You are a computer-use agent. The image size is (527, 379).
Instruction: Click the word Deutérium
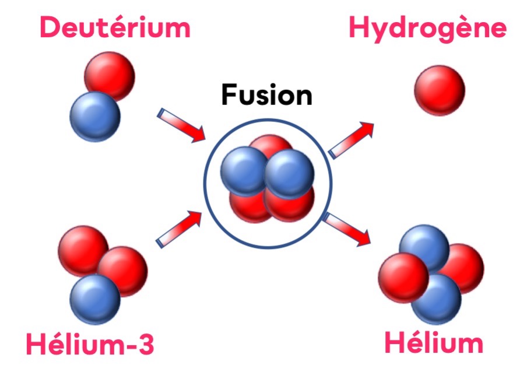[x=115, y=27]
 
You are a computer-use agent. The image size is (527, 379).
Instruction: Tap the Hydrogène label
[x=427, y=27]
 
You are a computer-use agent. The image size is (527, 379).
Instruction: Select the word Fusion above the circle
[x=266, y=95]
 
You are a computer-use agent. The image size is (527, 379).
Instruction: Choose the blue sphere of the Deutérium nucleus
[x=94, y=116]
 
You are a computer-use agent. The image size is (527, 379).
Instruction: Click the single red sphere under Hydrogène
[x=439, y=90]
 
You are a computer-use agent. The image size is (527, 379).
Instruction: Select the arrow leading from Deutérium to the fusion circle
[x=182, y=125]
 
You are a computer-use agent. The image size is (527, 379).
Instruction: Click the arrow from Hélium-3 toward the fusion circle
[x=179, y=229]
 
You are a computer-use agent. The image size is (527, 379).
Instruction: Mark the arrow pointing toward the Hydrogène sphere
[x=352, y=140]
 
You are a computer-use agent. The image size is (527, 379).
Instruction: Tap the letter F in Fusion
[x=229, y=95]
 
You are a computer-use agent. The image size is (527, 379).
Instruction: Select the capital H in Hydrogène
[x=360, y=27]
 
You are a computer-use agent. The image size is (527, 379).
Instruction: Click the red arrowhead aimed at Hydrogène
[x=367, y=129]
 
